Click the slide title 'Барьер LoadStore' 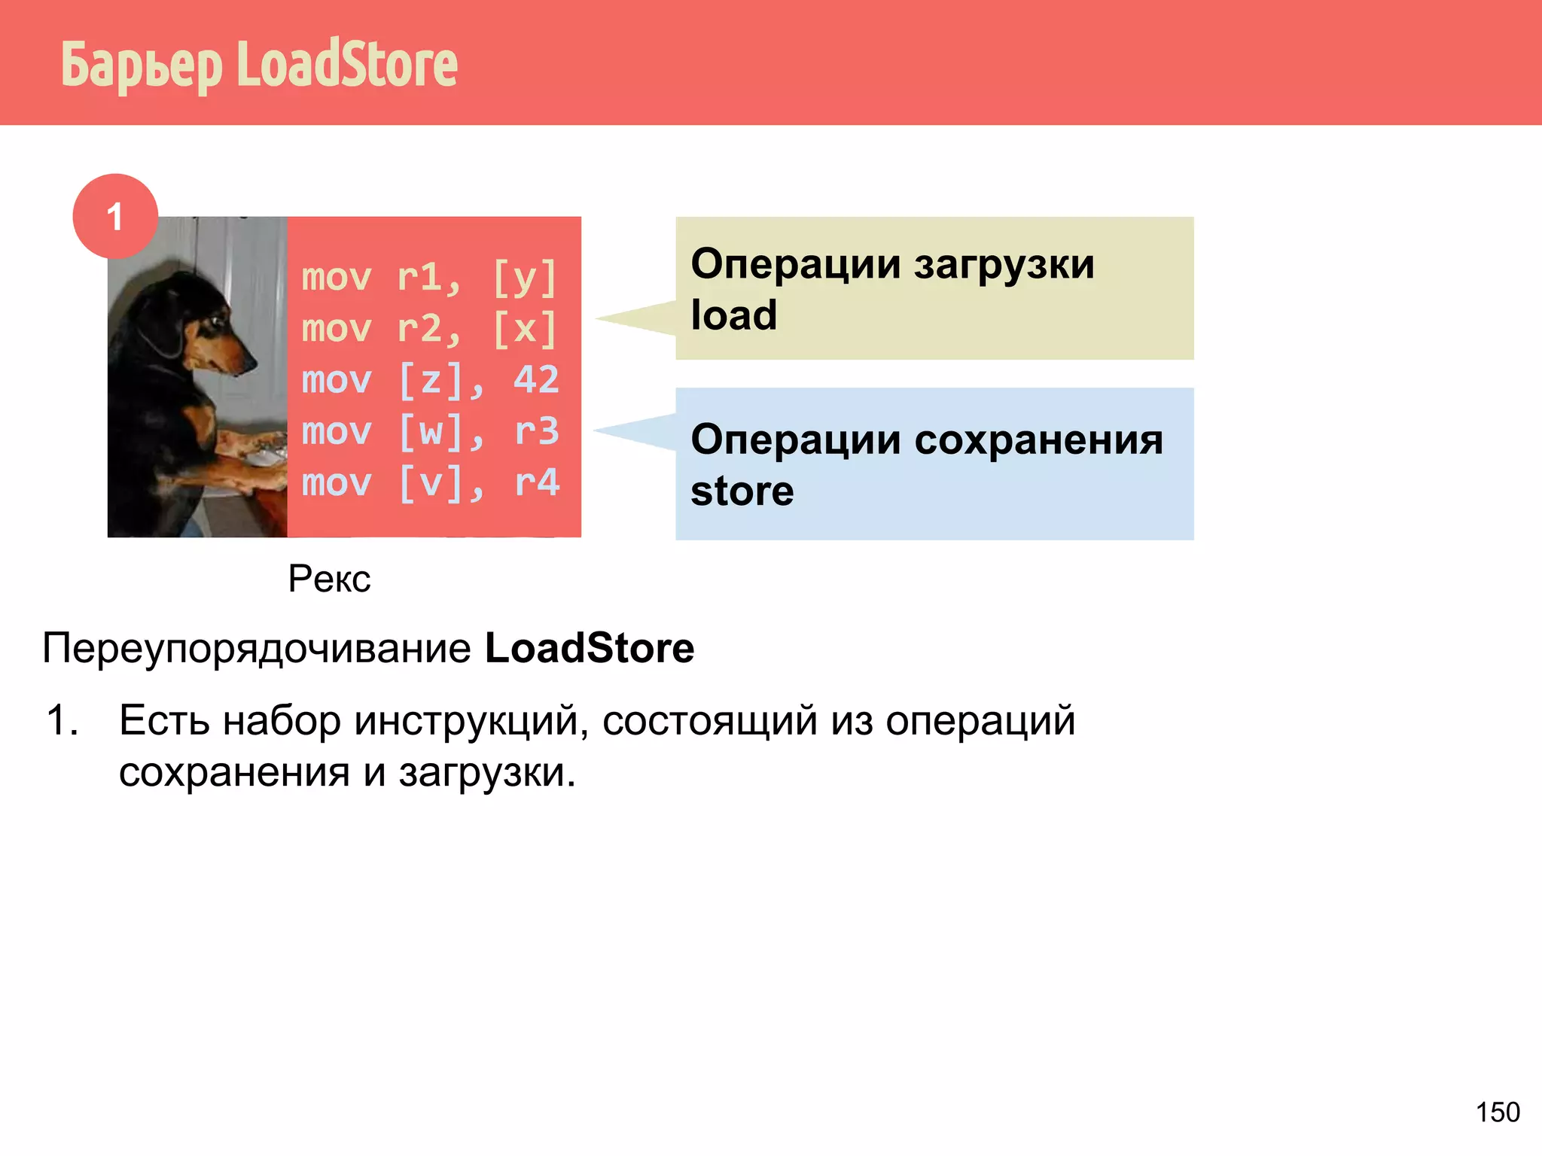pos(259,65)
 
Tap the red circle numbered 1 pos(115,217)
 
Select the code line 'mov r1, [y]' pos(429,278)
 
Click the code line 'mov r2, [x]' pos(429,329)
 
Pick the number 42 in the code pos(536,380)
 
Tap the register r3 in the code pos(537,431)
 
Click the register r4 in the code pos(537,482)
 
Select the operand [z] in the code pos(431,380)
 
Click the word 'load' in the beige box pos(734,315)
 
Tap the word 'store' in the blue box pos(742,491)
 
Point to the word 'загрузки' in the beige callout pos(1004,264)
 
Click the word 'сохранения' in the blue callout pos(1039,440)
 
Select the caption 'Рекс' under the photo pos(329,579)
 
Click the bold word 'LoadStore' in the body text pos(590,648)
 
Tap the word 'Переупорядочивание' pos(257,648)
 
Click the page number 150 pos(1498,1112)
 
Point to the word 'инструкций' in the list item pos(471,720)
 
